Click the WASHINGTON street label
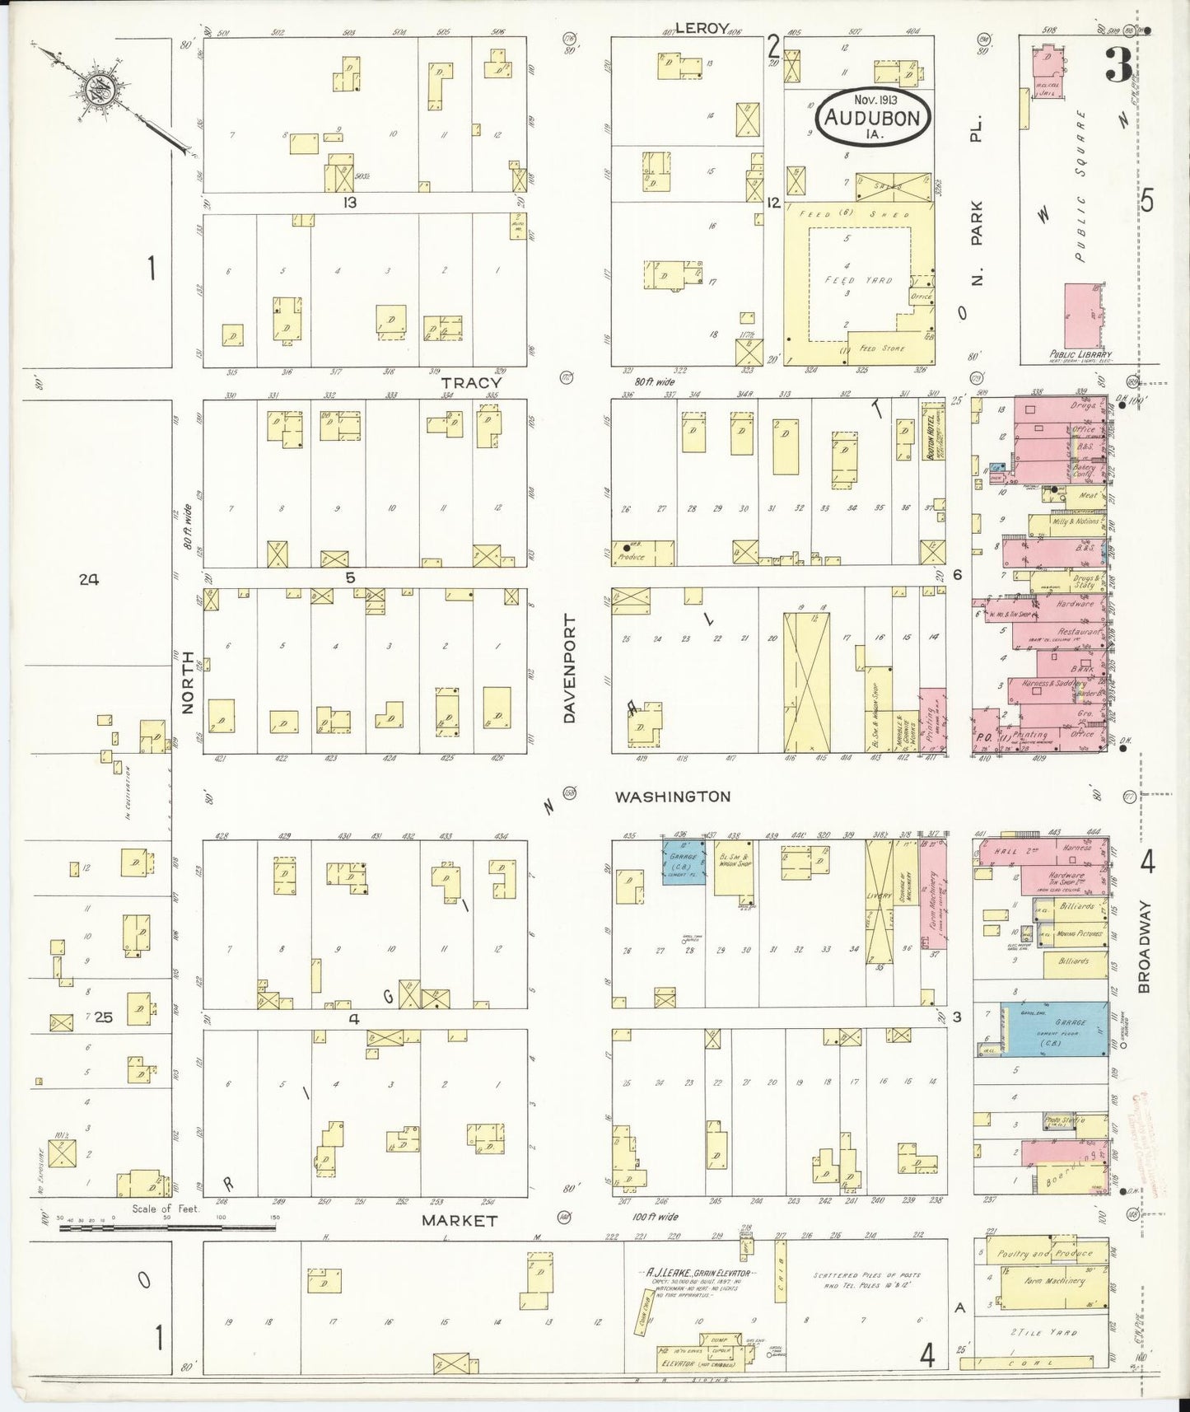pos(673,797)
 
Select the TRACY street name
pos(470,383)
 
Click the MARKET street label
pos(460,1221)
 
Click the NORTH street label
pos(187,682)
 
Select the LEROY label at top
pos(701,28)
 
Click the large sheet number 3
pos(1118,66)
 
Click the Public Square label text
pos(1080,185)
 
